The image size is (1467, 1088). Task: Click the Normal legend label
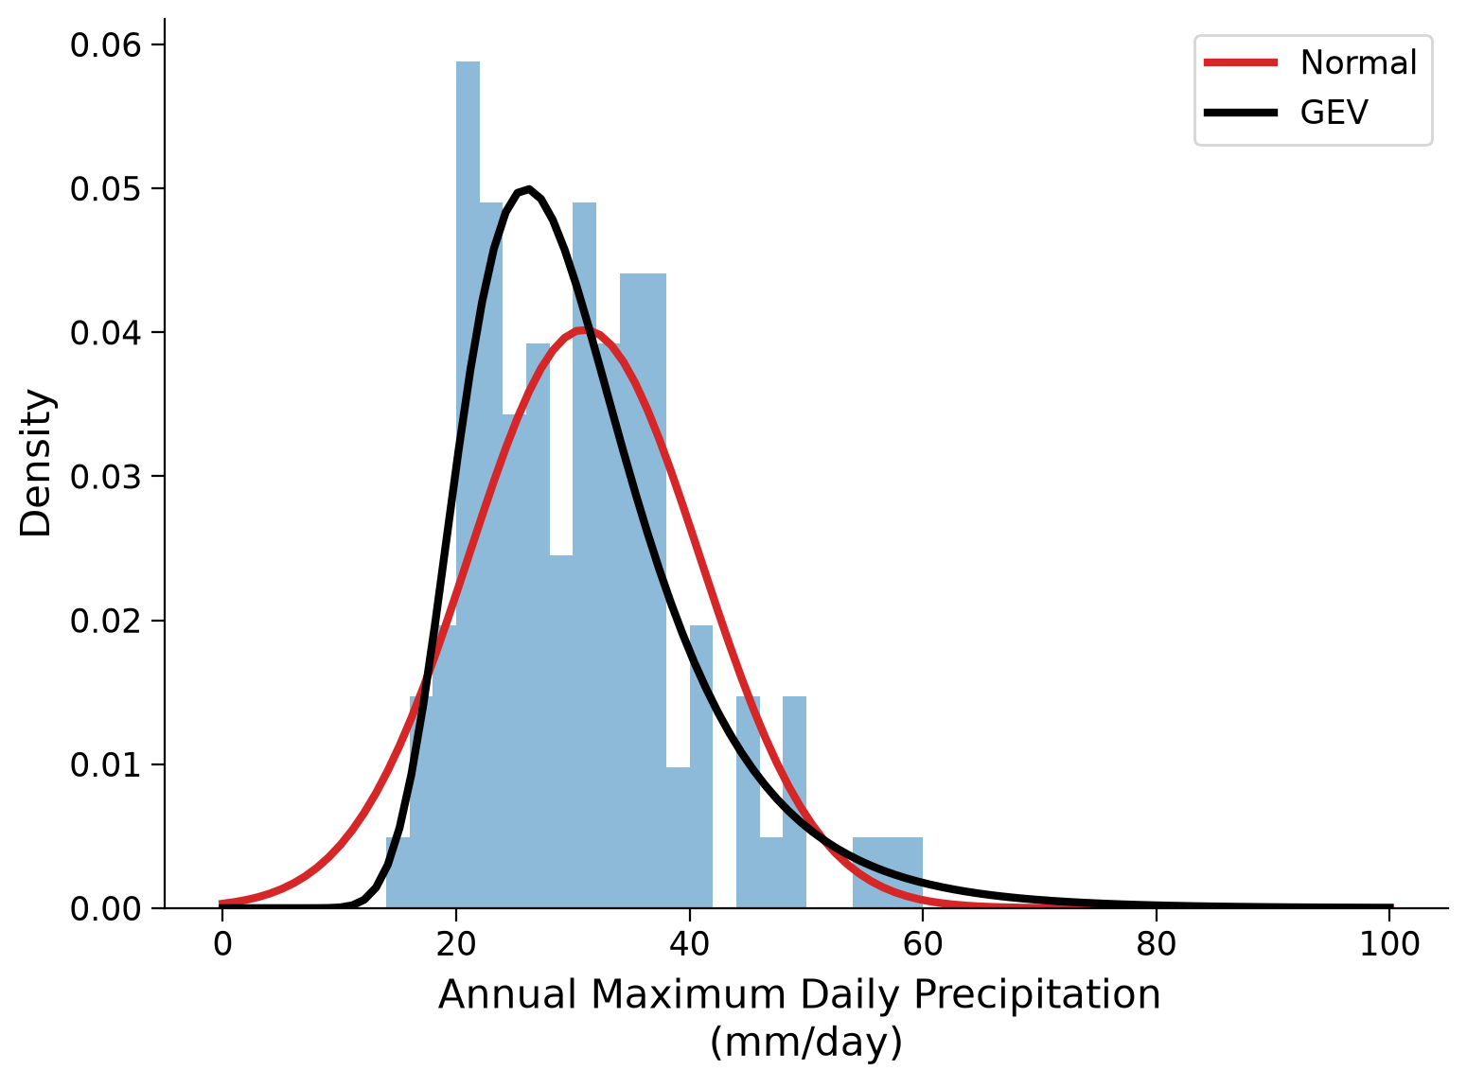pos(1357,62)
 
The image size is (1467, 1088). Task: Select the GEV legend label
pos(1334,113)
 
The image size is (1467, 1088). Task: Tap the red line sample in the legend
pos(1240,62)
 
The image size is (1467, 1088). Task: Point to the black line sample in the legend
pos(1240,113)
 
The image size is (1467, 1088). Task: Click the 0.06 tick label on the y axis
pos(106,45)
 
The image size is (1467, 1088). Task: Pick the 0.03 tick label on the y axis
pos(106,477)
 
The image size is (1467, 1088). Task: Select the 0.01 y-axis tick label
pos(106,764)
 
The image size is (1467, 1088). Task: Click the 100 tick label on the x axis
pos(1389,944)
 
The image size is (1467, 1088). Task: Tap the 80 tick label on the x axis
pos(1156,944)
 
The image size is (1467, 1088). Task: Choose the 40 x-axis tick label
pos(689,944)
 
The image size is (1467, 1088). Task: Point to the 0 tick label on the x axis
pos(223,944)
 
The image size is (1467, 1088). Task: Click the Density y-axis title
pos(35,463)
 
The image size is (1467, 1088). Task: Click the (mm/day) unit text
pos(805,1043)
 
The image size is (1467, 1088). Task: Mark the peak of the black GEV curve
pos(528,189)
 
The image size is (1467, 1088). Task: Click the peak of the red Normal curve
pos(582,330)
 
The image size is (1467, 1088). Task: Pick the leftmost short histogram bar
pos(398,872)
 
